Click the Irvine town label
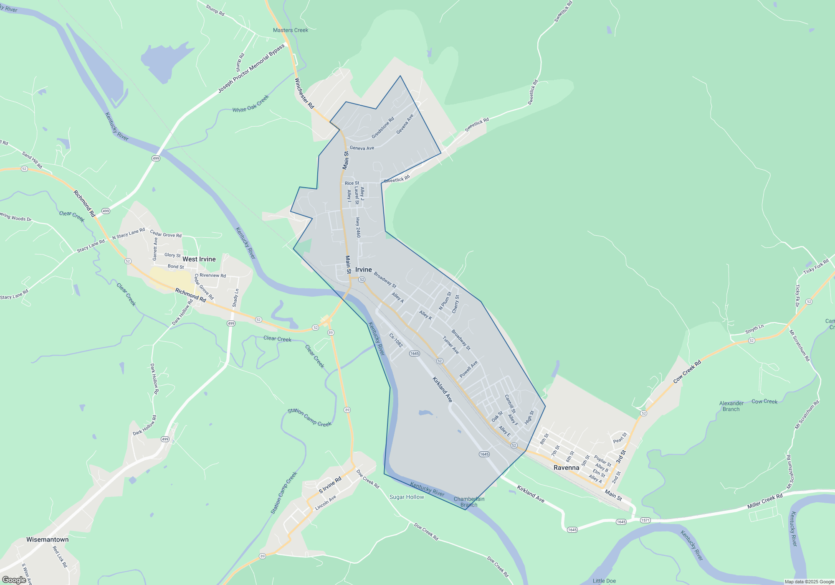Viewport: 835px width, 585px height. tap(363, 270)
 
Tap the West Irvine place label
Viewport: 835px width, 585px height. tap(199, 259)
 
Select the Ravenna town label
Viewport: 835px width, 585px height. tap(566, 468)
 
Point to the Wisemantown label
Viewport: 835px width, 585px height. tap(47, 539)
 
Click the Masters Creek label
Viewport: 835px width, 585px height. tap(290, 30)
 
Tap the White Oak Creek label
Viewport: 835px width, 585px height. tap(250, 104)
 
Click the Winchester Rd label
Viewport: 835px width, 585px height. tap(304, 93)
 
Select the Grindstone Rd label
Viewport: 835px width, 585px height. tap(382, 128)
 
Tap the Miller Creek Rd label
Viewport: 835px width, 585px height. tap(765, 501)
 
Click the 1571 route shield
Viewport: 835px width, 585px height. tap(645, 520)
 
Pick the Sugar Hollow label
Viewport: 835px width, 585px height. tap(406, 497)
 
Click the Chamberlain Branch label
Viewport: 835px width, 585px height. tap(469, 502)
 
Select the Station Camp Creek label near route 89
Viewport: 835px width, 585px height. tap(309, 417)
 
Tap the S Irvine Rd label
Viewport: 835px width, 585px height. tap(330, 485)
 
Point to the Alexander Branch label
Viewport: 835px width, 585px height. tap(731, 406)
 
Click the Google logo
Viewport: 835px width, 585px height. tap(14, 580)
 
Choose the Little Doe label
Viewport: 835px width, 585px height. tap(604, 581)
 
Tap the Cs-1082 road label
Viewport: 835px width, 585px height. tap(395, 340)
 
